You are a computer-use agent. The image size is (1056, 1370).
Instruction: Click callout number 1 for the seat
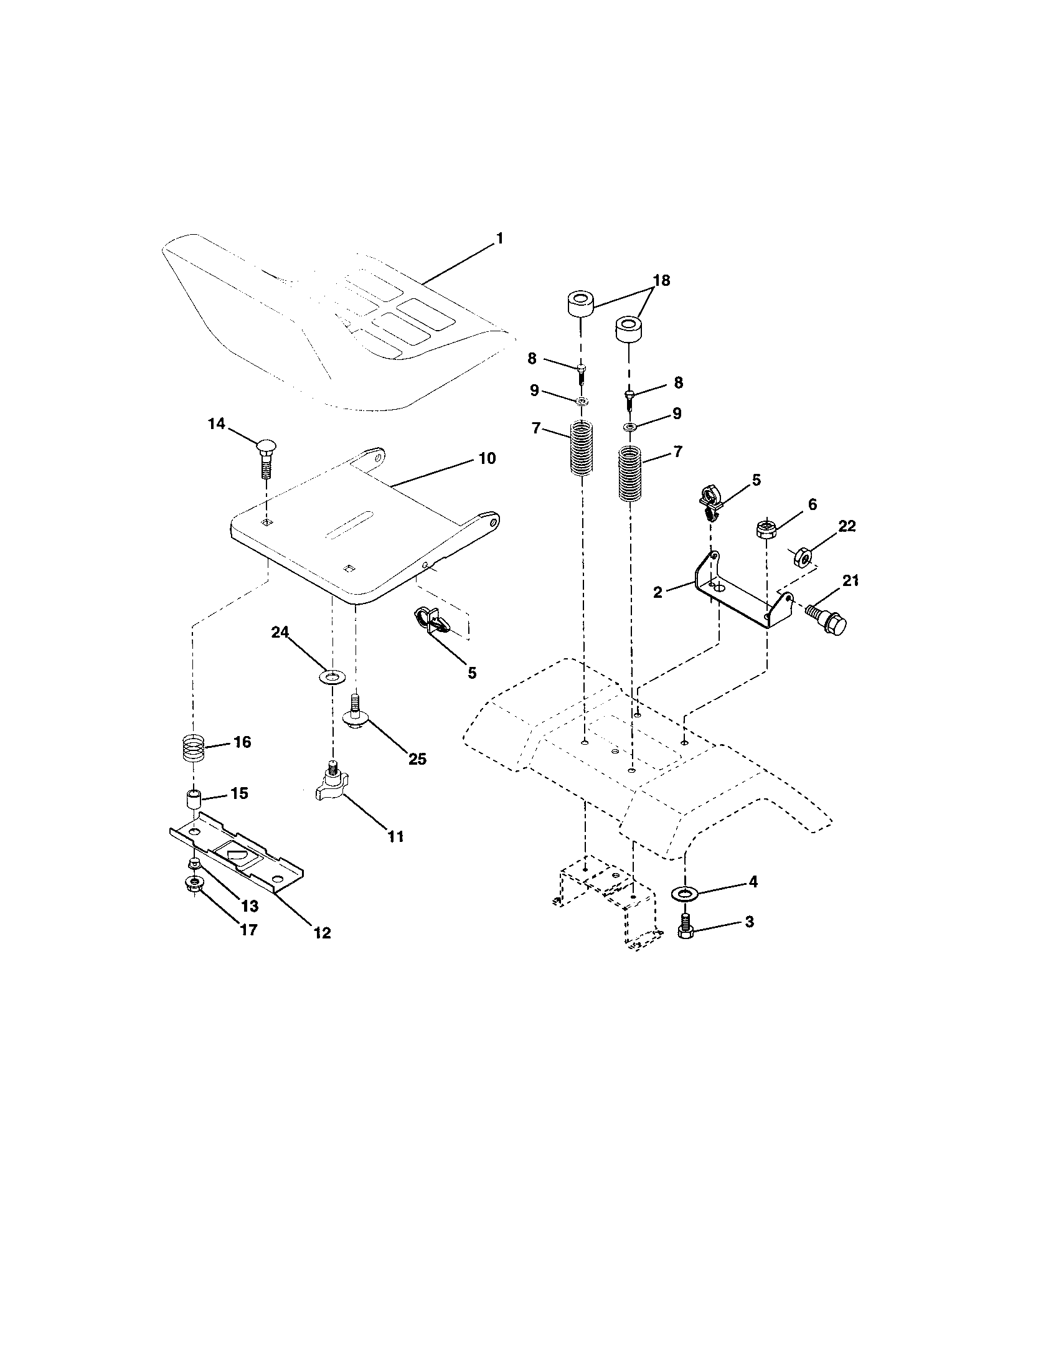[x=499, y=239]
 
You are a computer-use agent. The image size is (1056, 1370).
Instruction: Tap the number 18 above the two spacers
[x=661, y=280]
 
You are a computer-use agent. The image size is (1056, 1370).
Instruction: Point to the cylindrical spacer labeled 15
[x=195, y=802]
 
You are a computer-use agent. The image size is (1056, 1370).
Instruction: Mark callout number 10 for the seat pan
[x=487, y=458]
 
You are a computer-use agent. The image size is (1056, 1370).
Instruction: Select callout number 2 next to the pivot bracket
[x=657, y=592]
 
